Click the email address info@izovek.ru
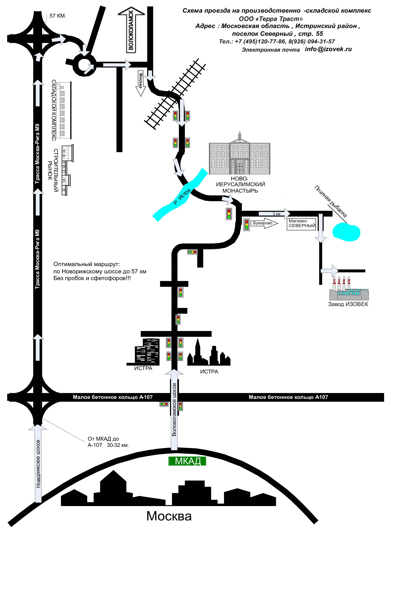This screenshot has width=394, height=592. (328, 49)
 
